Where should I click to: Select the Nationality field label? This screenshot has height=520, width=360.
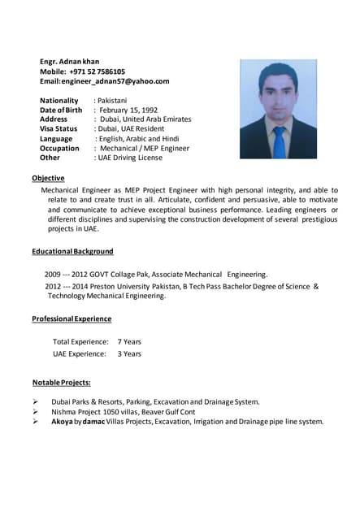click(x=59, y=100)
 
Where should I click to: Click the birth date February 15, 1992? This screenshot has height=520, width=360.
click(x=128, y=110)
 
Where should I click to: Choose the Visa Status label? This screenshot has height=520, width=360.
click(x=59, y=128)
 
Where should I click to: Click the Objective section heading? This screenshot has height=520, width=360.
click(x=48, y=178)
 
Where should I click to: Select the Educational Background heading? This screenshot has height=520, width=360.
click(x=72, y=252)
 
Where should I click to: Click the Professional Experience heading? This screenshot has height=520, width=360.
click(x=72, y=319)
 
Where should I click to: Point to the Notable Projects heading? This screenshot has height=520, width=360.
click(x=61, y=382)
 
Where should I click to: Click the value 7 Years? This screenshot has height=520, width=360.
click(x=129, y=342)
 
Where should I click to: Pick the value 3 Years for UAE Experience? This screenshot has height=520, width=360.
click(x=129, y=353)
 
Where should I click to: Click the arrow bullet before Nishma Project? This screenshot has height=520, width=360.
click(x=36, y=412)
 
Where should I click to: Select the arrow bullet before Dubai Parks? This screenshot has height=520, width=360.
click(x=36, y=402)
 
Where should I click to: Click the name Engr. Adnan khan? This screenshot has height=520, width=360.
click(x=75, y=62)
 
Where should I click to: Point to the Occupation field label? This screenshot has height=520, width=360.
click(x=59, y=148)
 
